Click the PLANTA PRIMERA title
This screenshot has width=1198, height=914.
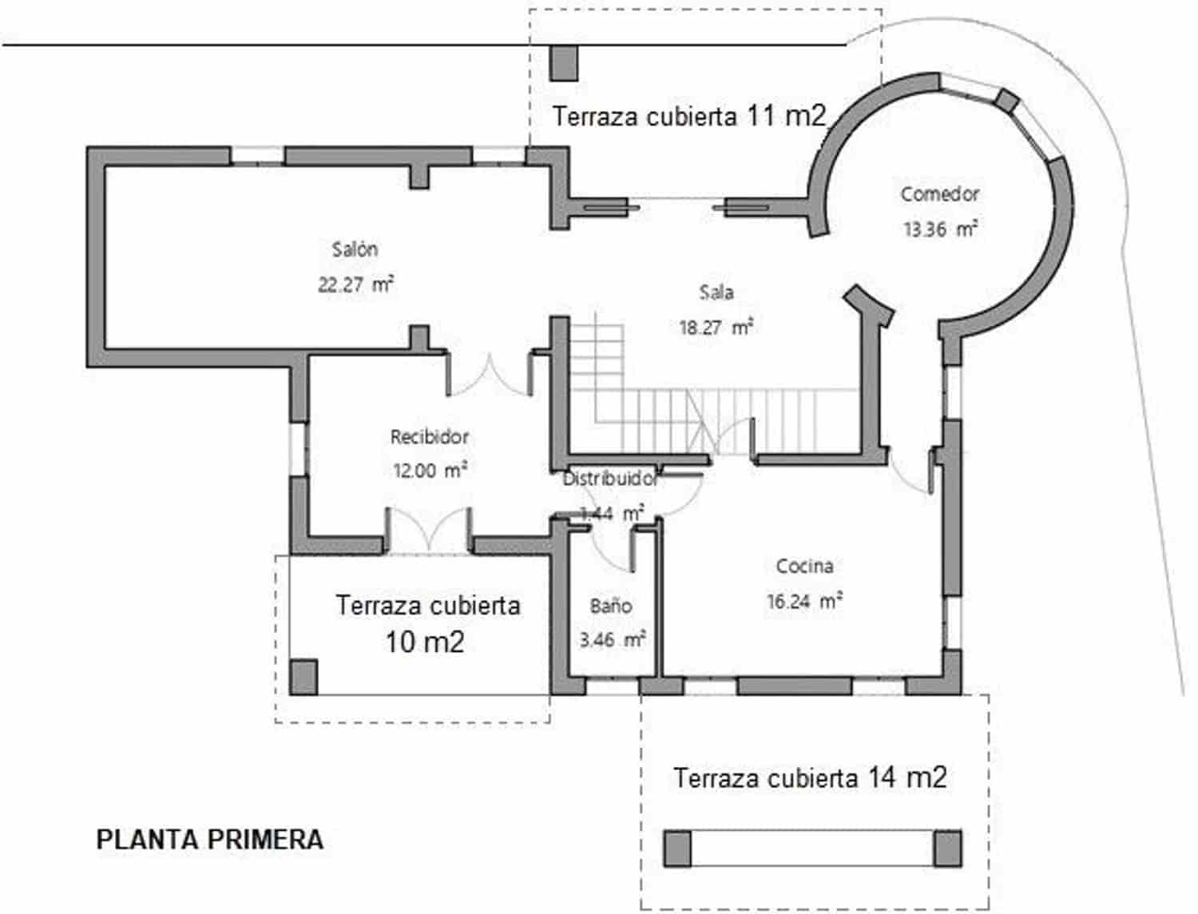210,840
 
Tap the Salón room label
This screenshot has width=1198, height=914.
355,249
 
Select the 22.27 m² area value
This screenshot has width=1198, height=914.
355,284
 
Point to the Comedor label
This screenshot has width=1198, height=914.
939,194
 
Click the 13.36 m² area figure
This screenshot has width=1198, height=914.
940,229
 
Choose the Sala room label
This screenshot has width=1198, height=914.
716,292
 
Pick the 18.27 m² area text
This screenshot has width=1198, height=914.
716,327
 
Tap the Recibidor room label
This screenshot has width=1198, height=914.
429,437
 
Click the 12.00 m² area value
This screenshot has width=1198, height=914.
430,471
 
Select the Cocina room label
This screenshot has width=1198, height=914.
805,566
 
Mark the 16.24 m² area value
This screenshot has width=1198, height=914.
804,601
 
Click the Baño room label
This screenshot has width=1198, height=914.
611,606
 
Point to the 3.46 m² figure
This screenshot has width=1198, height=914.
612,640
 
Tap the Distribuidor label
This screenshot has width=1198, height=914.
611,479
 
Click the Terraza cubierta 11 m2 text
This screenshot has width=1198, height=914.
688,117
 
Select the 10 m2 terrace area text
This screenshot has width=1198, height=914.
425,642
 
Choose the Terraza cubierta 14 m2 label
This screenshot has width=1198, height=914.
810,777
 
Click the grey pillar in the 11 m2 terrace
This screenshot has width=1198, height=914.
565,63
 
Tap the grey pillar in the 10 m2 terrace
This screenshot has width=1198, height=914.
303,677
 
